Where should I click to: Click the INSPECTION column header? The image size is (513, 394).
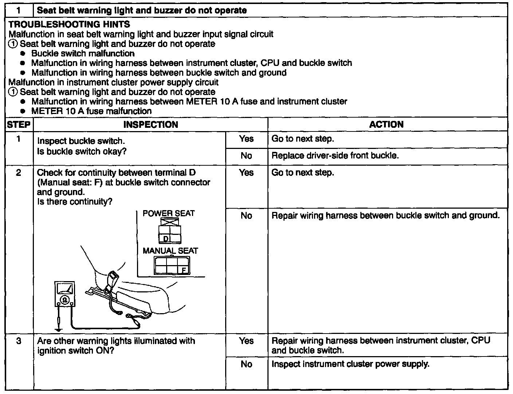coord(150,125)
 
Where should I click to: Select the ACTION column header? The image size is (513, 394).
coord(386,125)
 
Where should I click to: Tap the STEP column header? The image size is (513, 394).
coord(19,125)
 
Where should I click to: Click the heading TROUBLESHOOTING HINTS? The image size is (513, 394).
coord(69,24)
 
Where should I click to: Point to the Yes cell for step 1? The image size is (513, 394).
coord(246,139)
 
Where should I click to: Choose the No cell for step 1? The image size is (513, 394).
coord(246,156)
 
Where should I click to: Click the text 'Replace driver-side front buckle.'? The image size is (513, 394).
coord(335,156)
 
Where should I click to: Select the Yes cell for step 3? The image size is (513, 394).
coord(246,341)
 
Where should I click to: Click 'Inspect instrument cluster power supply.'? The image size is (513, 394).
coord(351,364)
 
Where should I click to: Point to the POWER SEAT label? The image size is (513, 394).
coord(169,213)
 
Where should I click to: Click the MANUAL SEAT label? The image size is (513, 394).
coord(170,251)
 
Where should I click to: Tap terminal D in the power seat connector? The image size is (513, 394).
coord(165,239)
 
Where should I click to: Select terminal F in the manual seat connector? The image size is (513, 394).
coord(184,270)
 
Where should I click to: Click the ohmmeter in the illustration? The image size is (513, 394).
coord(65,294)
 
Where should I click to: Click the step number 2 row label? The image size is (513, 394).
coord(19,173)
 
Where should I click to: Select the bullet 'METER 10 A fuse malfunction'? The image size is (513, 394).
coord(91,111)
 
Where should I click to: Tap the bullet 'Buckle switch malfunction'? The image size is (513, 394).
coord(83,54)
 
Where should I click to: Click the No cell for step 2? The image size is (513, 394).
coord(246,216)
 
